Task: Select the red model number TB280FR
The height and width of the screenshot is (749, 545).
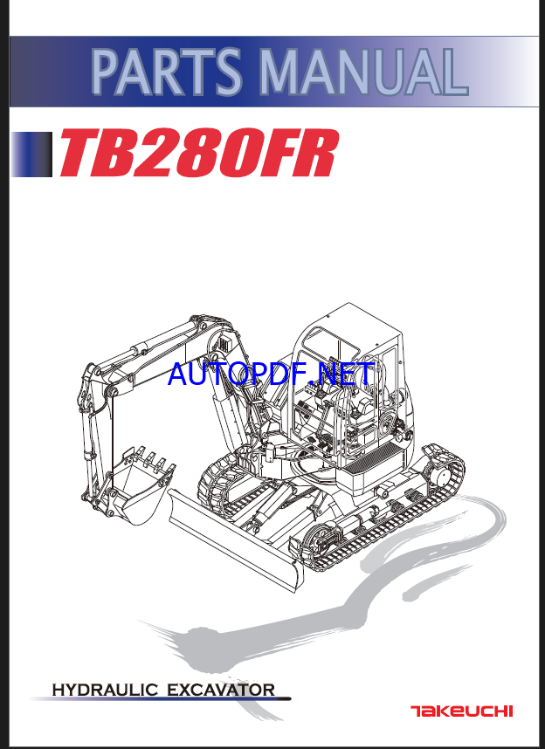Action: pos(197,154)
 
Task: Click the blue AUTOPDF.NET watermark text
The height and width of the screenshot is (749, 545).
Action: pos(271,374)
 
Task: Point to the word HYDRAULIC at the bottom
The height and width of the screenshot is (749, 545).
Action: pos(106,691)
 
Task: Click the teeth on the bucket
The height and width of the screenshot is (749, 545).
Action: pos(148,457)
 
